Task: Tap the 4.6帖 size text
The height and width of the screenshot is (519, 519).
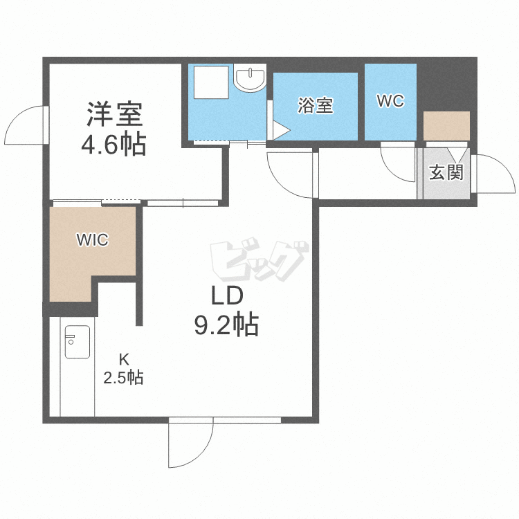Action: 113,144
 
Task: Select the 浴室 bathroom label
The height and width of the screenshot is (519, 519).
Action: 316,106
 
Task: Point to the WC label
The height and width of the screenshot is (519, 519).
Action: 390,101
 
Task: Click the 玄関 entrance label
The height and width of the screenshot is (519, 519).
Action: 446,172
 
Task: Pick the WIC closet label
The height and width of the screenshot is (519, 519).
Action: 92,240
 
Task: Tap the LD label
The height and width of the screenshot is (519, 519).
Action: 226,296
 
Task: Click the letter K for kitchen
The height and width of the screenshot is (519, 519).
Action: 124,359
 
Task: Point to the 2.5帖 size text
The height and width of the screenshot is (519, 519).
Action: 123,378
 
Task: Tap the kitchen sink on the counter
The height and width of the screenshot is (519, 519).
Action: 76,341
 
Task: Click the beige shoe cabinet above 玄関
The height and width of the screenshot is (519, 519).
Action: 446,125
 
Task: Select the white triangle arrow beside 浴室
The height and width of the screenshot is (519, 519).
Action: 280,130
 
